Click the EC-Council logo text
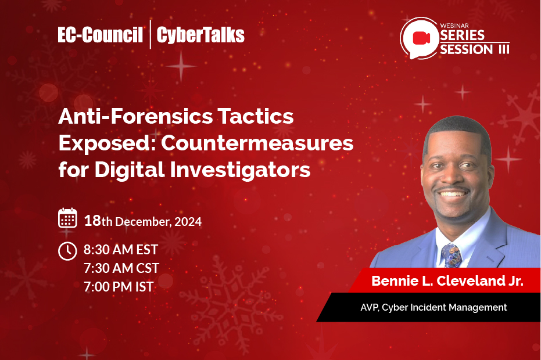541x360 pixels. click(101, 35)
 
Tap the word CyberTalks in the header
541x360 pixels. click(201, 35)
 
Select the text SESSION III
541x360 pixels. click(474, 50)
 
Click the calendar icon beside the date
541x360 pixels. click(68, 218)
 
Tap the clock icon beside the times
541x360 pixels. click(68, 251)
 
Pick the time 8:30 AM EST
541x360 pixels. click(121, 250)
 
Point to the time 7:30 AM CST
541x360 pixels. click(121, 268)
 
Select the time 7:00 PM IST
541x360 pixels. click(119, 286)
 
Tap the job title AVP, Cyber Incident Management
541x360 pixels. click(433, 307)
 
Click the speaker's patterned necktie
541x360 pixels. click(452, 255)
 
